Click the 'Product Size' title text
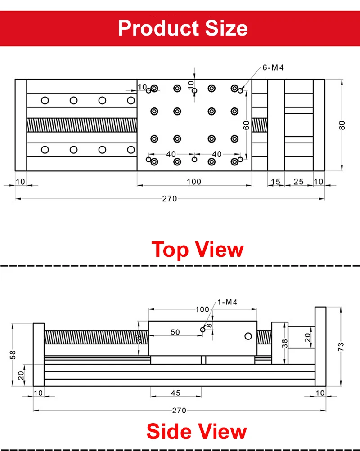pyautogui.click(x=183, y=28)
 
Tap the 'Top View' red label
pyautogui.click(x=198, y=249)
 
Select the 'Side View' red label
pyautogui.click(x=197, y=431)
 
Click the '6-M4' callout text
pyautogui.click(x=273, y=68)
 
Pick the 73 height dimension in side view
pyautogui.click(x=341, y=346)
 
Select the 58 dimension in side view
pyautogui.click(x=12, y=355)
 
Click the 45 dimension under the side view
pyautogui.click(x=175, y=393)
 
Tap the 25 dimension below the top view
pyautogui.click(x=299, y=182)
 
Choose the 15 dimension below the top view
pyautogui.click(x=275, y=182)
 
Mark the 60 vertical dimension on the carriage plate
pyautogui.click(x=246, y=125)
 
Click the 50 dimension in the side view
pyautogui.click(x=175, y=332)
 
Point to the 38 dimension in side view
pyautogui.click(x=284, y=344)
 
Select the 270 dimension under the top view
pyautogui.click(x=170, y=199)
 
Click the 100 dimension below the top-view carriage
pyautogui.click(x=193, y=182)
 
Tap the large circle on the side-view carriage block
pyautogui.click(x=248, y=336)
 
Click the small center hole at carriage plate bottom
pyautogui.click(x=194, y=159)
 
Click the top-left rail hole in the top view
pyautogui.click(x=45, y=100)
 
